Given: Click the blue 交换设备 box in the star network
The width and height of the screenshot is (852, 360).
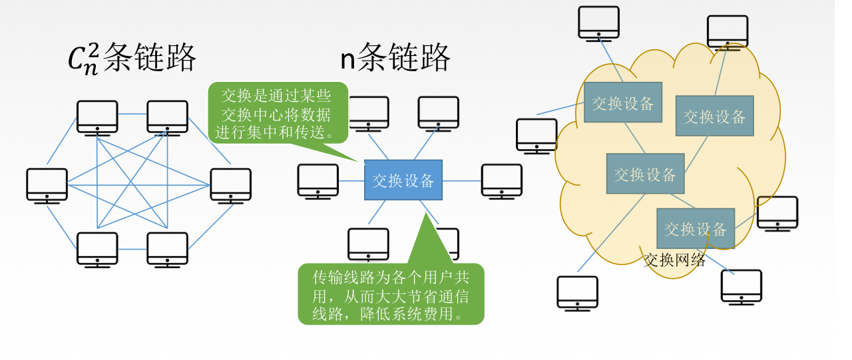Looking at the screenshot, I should (x=403, y=180).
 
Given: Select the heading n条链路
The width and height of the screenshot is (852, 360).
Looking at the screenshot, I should (x=395, y=57).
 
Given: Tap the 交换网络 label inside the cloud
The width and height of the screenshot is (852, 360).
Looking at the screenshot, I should (x=674, y=260).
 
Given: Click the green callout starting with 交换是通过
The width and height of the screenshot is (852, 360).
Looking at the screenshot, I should (x=278, y=112).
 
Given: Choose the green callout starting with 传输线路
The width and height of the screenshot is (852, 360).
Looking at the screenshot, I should (x=391, y=294).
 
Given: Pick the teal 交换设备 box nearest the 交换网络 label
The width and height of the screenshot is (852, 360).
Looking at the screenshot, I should (x=696, y=228).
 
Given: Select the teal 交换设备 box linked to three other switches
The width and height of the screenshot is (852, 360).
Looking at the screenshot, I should (x=645, y=174).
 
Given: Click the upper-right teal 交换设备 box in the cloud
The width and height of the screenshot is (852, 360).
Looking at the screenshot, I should (x=714, y=116).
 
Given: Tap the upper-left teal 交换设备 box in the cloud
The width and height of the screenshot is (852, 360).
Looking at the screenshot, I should (x=623, y=102).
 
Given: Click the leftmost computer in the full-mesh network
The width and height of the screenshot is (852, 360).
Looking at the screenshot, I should (x=47, y=184).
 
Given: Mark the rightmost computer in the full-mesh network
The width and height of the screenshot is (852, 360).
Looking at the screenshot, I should (x=230, y=184).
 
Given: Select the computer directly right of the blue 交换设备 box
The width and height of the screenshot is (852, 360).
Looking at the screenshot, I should (x=502, y=181).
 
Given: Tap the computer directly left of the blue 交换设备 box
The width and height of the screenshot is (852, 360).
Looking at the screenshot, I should (x=318, y=181).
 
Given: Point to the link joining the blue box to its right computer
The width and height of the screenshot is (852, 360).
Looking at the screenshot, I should (x=461, y=180).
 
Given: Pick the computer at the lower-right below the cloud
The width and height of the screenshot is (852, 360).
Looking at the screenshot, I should (x=741, y=287).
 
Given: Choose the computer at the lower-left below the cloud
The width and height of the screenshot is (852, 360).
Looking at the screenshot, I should (x=577, y=293).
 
